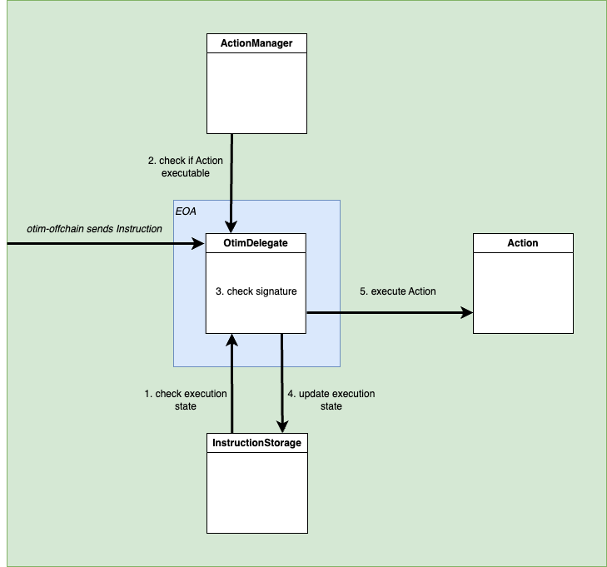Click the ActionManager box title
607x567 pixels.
tap(256, 43)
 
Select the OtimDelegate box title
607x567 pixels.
tap(256, 243)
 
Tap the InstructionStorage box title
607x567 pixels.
tap(256, 443)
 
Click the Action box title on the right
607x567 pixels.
tap(523, 243)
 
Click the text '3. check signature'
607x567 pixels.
tap(256, 291)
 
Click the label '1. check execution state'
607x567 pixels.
tap(186, 400)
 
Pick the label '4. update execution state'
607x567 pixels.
tap(331, 400)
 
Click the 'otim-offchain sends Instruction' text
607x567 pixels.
tap(94, 228)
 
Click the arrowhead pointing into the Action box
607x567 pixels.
tap(467, 313)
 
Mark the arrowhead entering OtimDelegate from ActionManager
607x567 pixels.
tap(231, 228)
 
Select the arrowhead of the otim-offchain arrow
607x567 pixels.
tap(200, 244)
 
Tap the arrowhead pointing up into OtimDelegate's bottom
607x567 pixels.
tap(231, 340)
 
